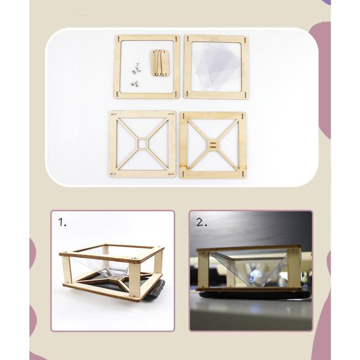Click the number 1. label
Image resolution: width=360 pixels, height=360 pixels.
click(x=62, y=222)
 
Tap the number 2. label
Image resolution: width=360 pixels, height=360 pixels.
click(x=202, y=222)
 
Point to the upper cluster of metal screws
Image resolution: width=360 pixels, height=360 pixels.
click(x=136, y=68)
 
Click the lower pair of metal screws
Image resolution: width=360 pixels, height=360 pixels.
click(x=134, y=83)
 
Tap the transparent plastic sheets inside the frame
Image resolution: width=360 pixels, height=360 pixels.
click(x=216, y=67)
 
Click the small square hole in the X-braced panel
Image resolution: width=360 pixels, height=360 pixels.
click(x=142, y=144)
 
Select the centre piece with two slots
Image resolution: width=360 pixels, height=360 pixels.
click(x=213, y=144)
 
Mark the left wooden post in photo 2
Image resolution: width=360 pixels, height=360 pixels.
click(x=203, y=269)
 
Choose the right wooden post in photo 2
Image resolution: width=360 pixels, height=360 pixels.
click(x=294, y=269)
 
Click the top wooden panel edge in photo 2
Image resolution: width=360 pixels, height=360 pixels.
click(x=248, y=248)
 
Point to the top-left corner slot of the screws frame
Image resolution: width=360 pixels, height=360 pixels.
click(x=118, y=39)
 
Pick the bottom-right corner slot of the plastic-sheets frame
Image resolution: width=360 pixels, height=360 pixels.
click(x=244, y=94)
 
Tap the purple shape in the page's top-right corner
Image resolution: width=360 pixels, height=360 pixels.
click(x=328, y=2)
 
